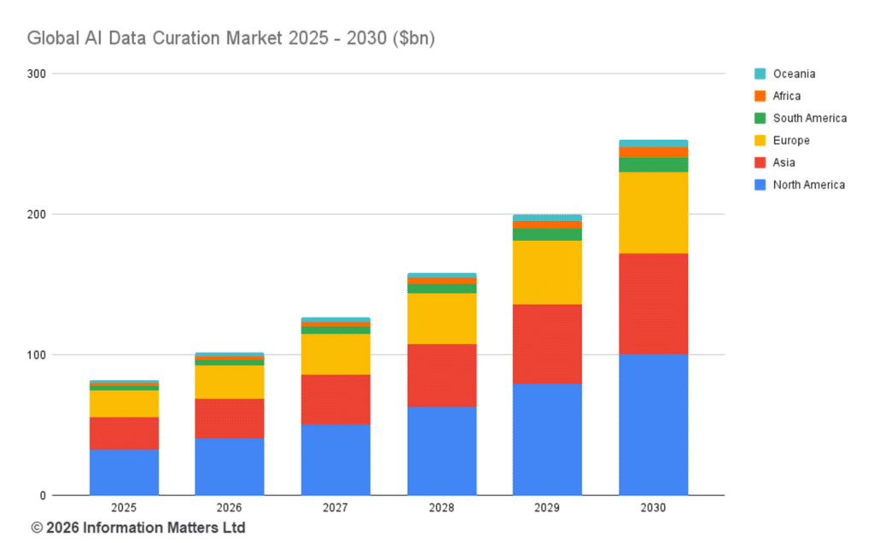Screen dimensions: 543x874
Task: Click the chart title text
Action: pos(230,39)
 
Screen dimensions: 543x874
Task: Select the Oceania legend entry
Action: pos(794,73)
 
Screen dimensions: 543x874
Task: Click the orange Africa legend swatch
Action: pos(760,96)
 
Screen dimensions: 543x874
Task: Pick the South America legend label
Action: pos(809,118)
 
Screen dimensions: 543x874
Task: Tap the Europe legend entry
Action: pos(790,140)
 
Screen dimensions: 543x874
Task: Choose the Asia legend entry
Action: pos(784,162)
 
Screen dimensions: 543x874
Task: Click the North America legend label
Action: pos(808,184)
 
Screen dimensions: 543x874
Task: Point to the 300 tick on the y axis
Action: pos(37,73)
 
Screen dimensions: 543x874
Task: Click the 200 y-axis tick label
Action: pos(37,214)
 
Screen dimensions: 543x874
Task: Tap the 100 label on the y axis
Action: pos(37,354)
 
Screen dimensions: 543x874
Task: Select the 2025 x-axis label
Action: pos(124,508)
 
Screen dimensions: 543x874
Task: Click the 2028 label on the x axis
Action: pos(441,508)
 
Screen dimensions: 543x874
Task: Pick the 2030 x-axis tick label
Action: pos(653,508)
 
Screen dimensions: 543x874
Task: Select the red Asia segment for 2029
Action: pos(547,344)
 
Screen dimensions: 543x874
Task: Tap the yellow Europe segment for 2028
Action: pos(441,318)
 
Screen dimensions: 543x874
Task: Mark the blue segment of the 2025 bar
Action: pos(124,472)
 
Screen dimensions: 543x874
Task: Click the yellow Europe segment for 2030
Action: pos(653,213)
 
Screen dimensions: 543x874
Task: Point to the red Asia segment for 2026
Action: pos(230,418)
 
